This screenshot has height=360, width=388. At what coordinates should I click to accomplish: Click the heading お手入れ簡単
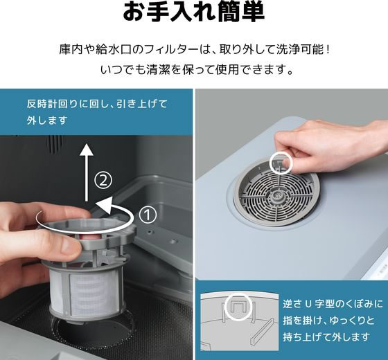point(193,11)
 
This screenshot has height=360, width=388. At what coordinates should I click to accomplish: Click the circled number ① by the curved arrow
point(148,215)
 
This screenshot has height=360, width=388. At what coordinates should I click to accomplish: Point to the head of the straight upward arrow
point(87,149)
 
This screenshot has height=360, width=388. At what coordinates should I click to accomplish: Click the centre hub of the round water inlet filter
point(276,197)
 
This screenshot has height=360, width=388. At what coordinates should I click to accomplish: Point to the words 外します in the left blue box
point(47,120)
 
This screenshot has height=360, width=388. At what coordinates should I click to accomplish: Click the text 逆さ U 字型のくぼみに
point(333,304)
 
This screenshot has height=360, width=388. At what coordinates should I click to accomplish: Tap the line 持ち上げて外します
point(326,337)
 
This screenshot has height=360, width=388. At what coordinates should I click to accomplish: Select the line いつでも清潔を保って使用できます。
point(197,70)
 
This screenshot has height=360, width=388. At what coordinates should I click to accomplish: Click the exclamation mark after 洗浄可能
point(328,50)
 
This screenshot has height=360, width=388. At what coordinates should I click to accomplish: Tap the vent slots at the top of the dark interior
point(55,144)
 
